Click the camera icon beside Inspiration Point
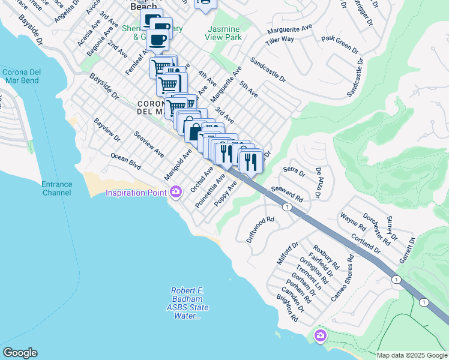tap(176, 192)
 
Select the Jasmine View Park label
tap(223, 33)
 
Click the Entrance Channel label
tap(57, 188)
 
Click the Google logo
tap(20, 353)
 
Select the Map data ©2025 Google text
tap(412, 355)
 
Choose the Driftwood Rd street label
tap(260, 229)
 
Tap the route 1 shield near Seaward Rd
tap(288, 207)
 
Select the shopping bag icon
tap(196, 130)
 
